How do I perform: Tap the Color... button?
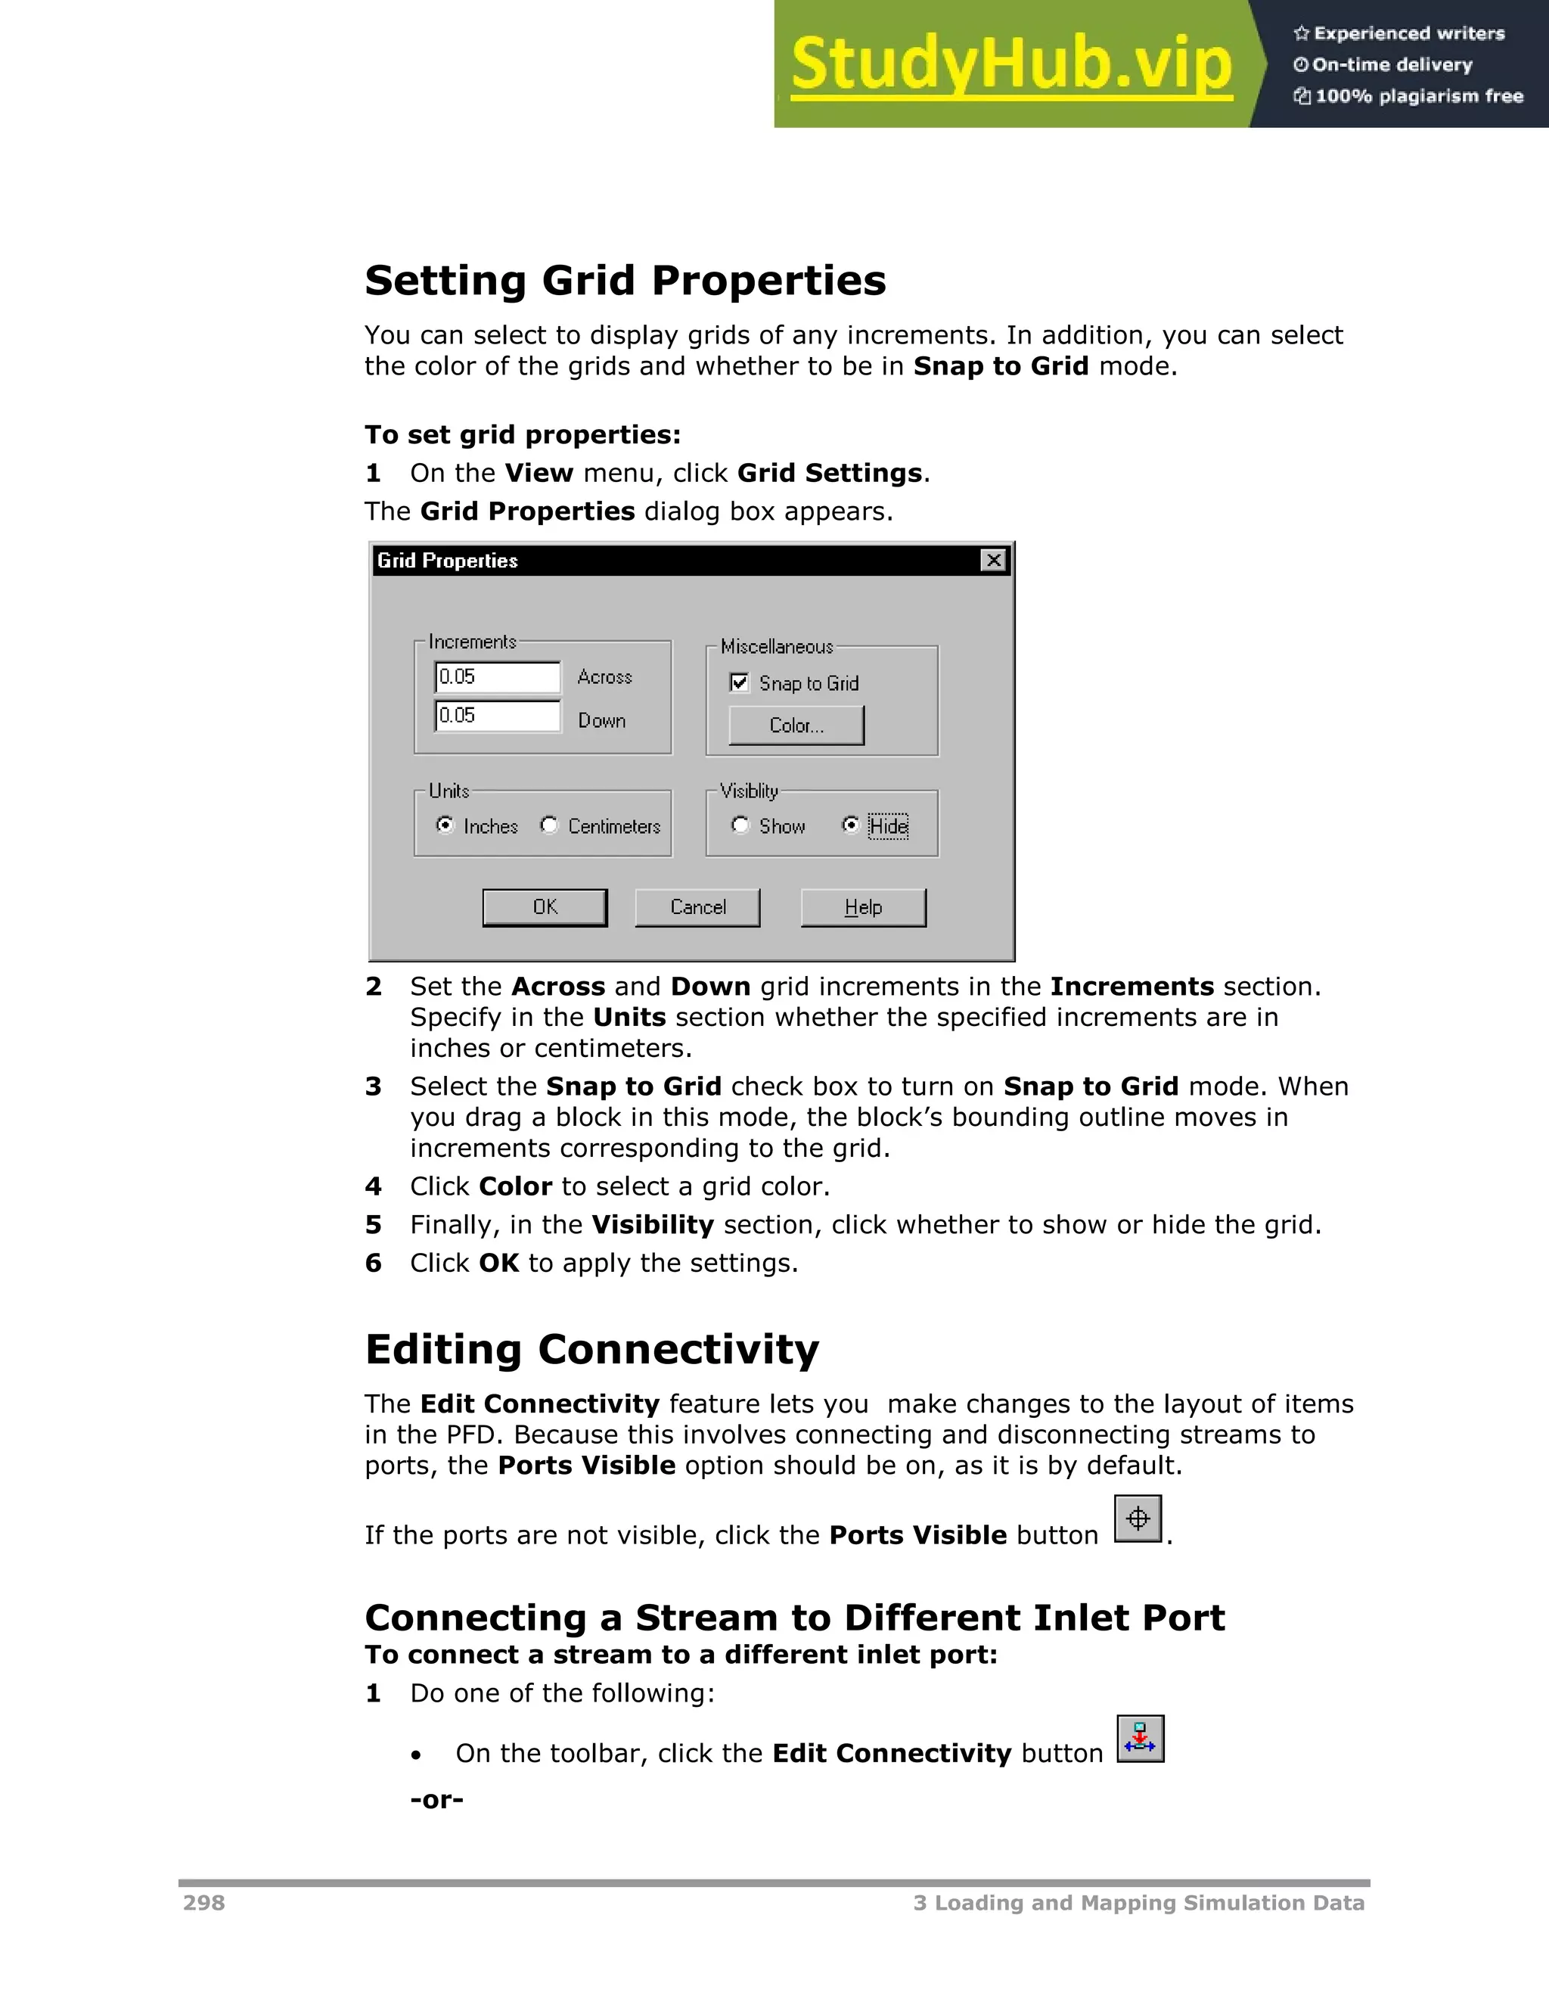tap(796, 726)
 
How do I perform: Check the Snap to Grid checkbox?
tap(740, 683)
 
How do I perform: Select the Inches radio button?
tap(445, 825)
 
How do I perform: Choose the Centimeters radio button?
tap(549, 825)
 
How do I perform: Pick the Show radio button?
tap(740, 825)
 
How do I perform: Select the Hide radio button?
tap(851, 825)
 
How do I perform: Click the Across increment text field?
tap(496, 677)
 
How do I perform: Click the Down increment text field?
tap(496, 716)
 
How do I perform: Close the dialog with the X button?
tap(993, 560)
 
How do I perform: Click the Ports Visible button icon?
tap(1138, 1519)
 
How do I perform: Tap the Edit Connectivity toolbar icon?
tap(1140, 1739)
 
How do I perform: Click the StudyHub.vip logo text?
tap(1010, 64)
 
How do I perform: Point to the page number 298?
tap(203, 1903)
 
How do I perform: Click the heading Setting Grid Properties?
tap(625, 280)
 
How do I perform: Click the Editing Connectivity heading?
tap(592, 1350)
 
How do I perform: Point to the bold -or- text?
tap(437, 1799)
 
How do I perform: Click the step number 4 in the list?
tap(373, 1186)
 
